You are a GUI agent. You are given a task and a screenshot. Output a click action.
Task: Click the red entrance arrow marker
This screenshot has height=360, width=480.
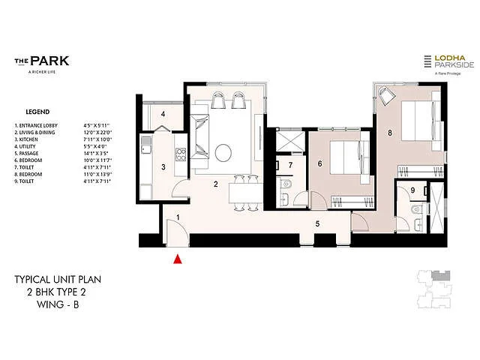pyautogui.click(x=178, y=260)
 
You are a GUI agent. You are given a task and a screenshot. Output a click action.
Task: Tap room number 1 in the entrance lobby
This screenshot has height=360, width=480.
pyautogui.click(x=178, y=217)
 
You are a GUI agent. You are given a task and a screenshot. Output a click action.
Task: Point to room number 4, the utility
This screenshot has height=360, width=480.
pyautogui.click(x=163, y=115)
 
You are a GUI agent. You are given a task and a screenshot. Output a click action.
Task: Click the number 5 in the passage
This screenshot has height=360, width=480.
pyautogui.click(x=317, y=223)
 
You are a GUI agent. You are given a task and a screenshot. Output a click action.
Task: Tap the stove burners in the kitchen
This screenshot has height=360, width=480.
pyautogui.click(x=180, y=154)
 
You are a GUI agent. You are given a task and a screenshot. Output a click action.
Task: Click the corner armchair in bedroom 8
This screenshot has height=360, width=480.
pyautogui.click(x=388, y=95)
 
